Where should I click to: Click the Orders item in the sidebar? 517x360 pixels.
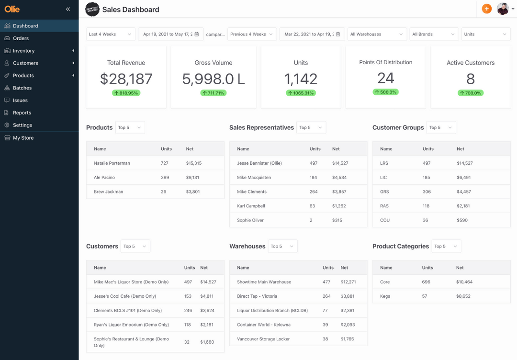21,38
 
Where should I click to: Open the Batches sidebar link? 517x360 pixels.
22,88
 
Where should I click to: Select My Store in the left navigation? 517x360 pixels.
23,138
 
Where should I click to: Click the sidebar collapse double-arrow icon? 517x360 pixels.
68,9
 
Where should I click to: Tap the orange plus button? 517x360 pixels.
487,9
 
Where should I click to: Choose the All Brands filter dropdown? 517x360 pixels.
434,34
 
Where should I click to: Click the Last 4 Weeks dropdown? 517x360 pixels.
111,34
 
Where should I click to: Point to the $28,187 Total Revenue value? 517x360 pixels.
126,79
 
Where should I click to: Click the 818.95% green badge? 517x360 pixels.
126,93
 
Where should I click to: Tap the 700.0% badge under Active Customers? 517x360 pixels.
470,93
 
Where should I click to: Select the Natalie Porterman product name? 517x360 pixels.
112,163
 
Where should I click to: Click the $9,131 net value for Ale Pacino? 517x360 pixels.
192,178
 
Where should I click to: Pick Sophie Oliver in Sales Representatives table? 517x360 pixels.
250,220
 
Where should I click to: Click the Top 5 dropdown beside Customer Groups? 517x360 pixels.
441,127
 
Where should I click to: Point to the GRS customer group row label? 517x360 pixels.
384,191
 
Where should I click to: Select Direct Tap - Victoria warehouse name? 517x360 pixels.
257,296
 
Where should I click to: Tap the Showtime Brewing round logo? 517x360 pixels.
92,9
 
